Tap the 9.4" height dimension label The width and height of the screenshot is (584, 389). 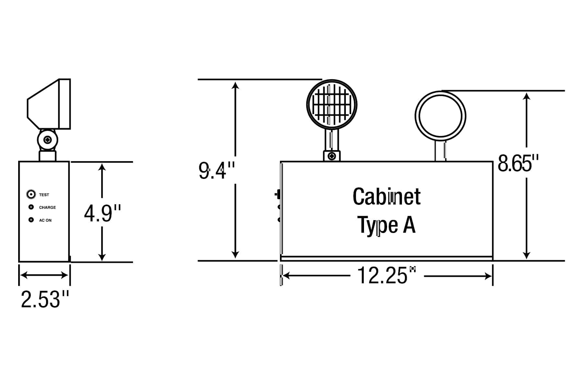[x=216, y=171]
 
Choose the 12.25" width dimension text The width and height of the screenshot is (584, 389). [x=386, y=276]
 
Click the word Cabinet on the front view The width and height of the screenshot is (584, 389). [x=386, y=197]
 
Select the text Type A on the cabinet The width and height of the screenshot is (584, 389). [x=386, y=225]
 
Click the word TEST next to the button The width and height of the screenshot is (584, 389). [x=44, y=195]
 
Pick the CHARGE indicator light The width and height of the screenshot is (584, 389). [x=31, y=207]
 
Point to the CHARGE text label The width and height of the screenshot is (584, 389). [x=47, y=207]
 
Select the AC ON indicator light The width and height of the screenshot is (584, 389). [x=31, y=220]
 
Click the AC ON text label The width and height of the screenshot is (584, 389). [x=45, y=220]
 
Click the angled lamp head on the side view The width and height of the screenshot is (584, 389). [x=49, y=104]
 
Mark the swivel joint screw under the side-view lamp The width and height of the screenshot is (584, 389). [x=48, y=140]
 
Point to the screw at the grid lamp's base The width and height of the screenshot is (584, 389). [x=332, y=156]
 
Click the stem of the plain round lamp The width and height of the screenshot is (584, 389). [x=440, y=151]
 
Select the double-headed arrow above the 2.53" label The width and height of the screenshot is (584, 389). [x=44, y=275]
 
